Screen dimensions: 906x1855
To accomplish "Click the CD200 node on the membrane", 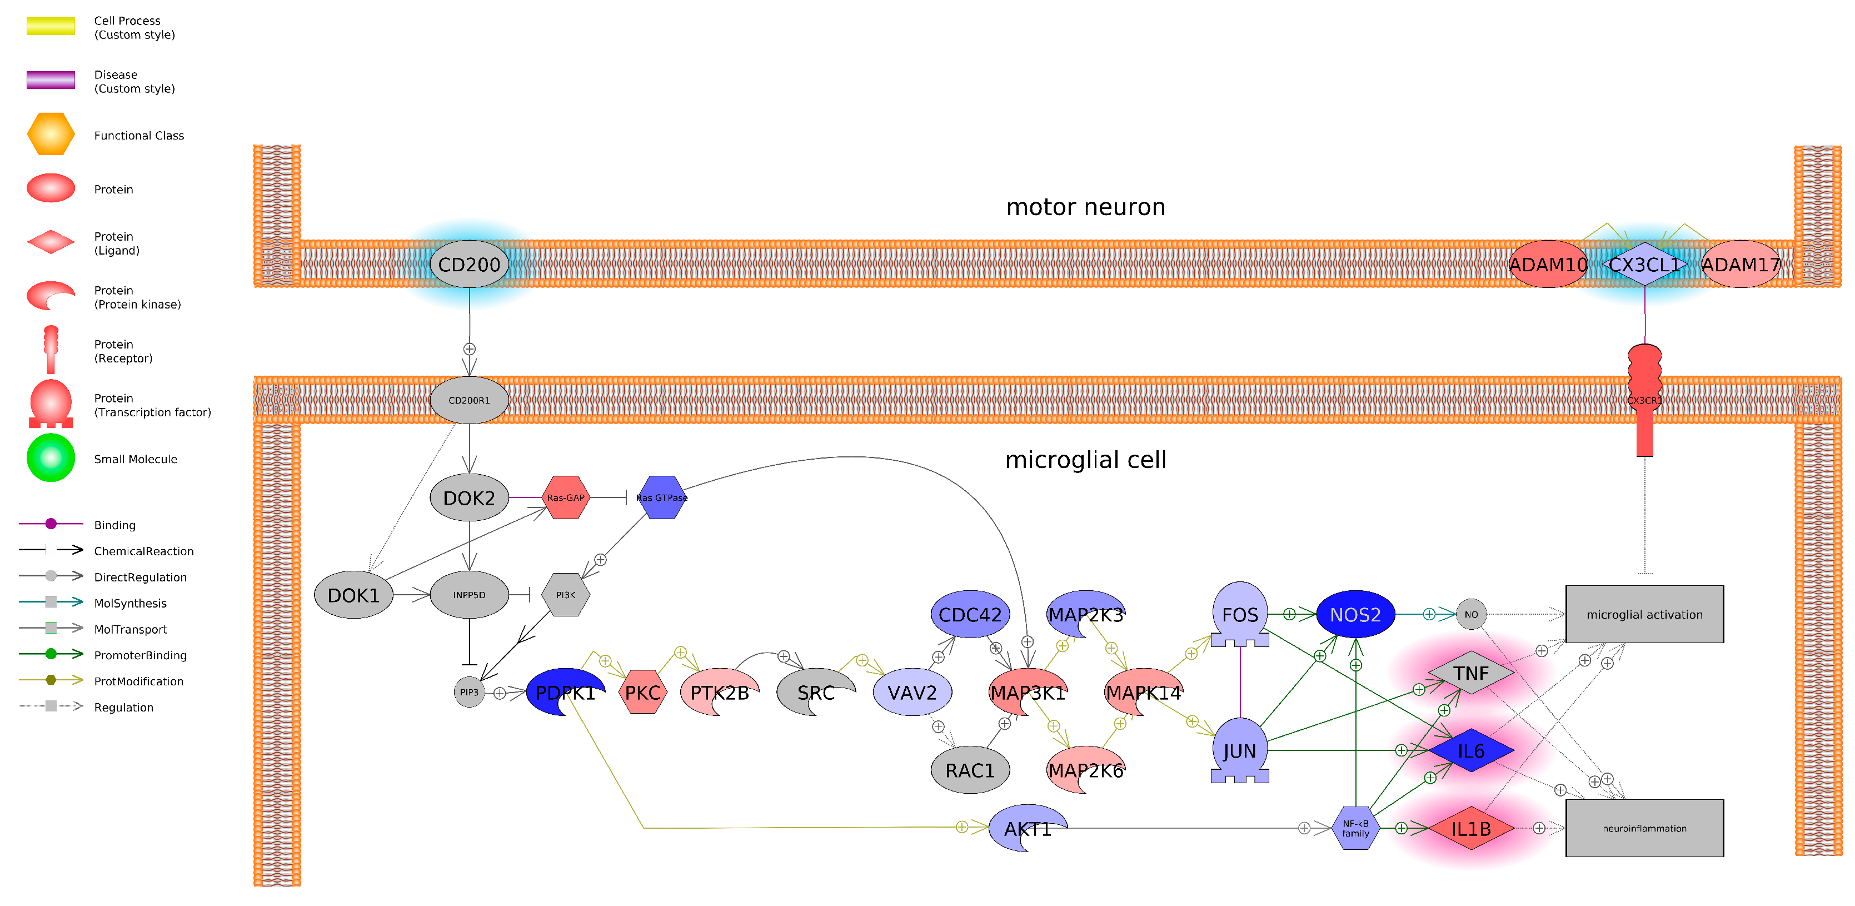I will (469, 265).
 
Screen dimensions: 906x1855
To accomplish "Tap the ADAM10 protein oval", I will (1548, 265).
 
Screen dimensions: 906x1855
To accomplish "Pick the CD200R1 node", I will (469, 400).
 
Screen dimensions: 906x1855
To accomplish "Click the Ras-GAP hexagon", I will (565, 497).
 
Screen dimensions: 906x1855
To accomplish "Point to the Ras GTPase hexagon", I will (661, 497).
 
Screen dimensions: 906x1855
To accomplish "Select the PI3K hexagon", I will (565, 595).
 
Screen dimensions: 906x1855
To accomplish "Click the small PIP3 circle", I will (469, 692).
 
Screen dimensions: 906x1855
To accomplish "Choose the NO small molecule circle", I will (1470, 614).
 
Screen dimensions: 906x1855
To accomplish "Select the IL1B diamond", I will (1470, 828).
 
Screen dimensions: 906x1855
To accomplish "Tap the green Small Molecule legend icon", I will (51, 458).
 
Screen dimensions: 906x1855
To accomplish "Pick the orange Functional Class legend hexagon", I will (51, 135).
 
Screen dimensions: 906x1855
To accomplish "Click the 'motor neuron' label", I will (1085, 207).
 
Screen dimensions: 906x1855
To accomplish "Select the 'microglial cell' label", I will (1085, 460).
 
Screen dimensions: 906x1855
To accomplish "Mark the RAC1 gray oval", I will (969, 770).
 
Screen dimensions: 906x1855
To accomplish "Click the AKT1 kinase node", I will (1026, 828).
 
